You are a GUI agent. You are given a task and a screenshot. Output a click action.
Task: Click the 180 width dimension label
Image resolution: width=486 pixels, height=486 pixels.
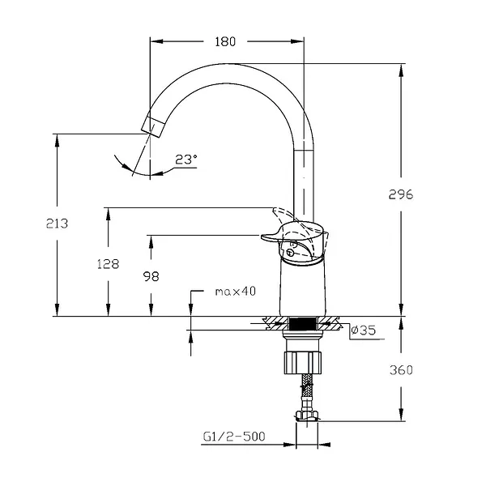(226, 42)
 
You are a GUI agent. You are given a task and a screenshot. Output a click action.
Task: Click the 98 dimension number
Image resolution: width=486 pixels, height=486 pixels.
(151, 276)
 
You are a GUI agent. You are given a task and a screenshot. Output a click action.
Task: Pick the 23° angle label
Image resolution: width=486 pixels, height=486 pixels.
(185, 160)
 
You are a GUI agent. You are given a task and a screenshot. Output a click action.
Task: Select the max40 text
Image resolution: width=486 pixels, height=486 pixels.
(236, 291)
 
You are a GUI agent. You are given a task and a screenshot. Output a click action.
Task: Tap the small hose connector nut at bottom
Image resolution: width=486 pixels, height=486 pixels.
(306, 416)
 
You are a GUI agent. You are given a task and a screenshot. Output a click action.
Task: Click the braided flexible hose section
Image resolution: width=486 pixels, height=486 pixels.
(305, 392)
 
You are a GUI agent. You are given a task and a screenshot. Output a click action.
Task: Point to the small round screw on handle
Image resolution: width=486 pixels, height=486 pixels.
(289, 253)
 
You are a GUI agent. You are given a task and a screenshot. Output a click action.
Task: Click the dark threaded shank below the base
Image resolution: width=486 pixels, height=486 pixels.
(302, 325)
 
